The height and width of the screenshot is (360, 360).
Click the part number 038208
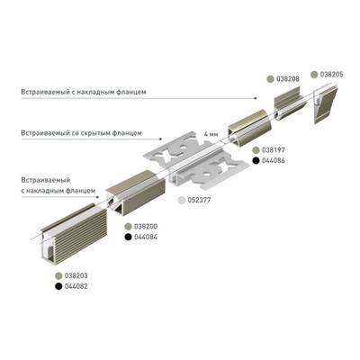click(x=289, y=79)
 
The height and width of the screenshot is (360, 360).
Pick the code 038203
click(x=76, y=274)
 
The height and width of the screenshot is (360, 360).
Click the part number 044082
click(x=76, y=285)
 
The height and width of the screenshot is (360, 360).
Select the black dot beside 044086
click(x=256, y=160)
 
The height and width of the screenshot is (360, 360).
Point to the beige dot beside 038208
click(x=267, y=79)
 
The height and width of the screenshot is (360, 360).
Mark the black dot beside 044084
click(x=127, y=237)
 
